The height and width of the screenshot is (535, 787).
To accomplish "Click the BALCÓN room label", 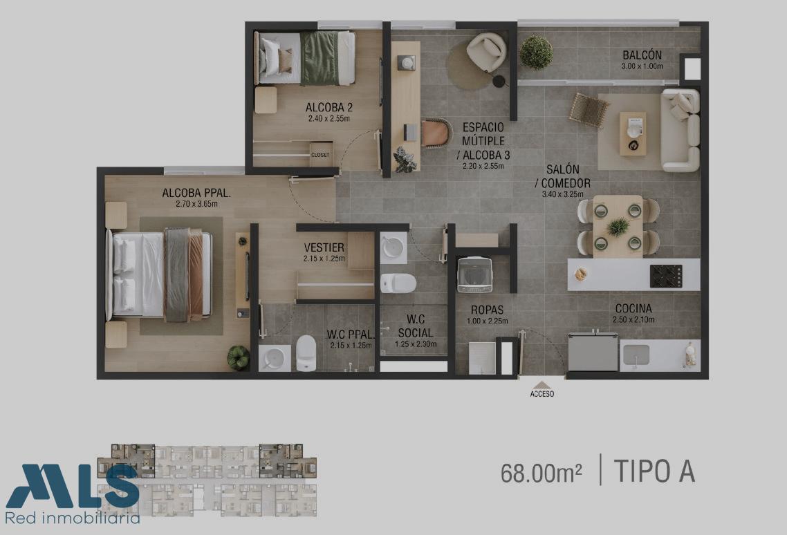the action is [642, 55].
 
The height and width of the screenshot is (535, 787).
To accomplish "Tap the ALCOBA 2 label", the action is [328, 107].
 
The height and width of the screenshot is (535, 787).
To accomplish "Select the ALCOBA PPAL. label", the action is [196, 193].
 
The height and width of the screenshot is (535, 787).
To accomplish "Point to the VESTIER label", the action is [324, 247].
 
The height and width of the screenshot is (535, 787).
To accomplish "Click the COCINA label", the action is [633, 308].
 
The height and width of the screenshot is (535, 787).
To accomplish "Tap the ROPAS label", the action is [487, 310].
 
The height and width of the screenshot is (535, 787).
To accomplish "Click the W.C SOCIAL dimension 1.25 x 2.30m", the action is [416, 344].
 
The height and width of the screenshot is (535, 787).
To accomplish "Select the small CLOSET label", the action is [320, 155].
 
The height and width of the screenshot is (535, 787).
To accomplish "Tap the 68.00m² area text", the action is [541, 473].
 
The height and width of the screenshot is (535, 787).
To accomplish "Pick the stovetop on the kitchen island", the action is [666, 276].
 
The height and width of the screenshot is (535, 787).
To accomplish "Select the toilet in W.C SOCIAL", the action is [398, 283].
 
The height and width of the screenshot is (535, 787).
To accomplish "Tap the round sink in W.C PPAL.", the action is [274, 358].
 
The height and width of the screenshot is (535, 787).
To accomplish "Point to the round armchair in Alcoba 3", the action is [486, 51].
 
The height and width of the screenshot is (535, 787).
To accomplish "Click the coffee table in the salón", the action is [632, 133].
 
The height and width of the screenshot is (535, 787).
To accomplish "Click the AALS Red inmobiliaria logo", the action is [73, 494].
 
